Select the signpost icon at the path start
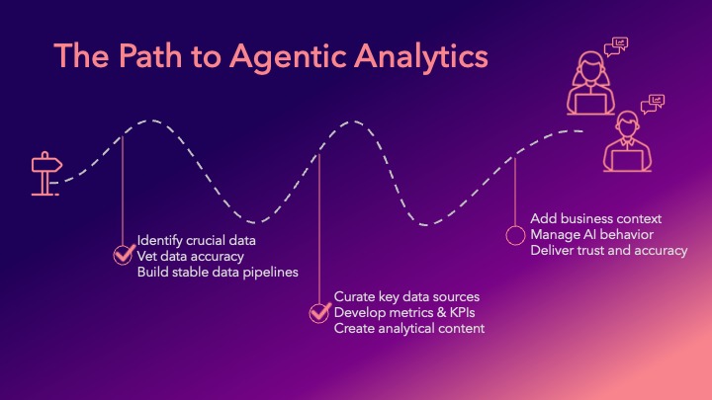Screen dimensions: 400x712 click(x=44, y=174)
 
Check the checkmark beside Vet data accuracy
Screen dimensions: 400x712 click(x=123, y=256)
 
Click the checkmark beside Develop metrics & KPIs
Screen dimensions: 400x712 click(x=319, y=312)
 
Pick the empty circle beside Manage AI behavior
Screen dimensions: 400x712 click(x=515, y=235)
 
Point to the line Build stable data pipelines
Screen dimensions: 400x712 click(x=218, y=272)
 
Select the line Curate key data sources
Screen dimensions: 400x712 click(x=406, y=296)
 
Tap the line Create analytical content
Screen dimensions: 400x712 click(x=409, y=328)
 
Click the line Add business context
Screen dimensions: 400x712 click(x=595, y=218)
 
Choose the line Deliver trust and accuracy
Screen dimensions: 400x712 click(x=608, y=250)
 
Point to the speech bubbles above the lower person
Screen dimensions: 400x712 click(x=654, y=104)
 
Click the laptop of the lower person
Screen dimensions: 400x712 click(x=627, y=160)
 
